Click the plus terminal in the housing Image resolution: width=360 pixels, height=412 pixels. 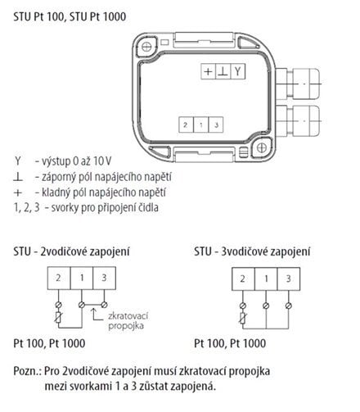[208, 71]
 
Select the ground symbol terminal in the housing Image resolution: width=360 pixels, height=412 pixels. [223, 71]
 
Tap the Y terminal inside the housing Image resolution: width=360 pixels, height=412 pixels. [238, 71]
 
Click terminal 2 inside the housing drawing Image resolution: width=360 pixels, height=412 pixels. [186, 125]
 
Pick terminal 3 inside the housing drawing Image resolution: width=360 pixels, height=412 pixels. [216, 125]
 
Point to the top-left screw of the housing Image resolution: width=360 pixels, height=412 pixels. [146, 47]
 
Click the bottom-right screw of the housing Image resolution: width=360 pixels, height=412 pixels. [262, 148]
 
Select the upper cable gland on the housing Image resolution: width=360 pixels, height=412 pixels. [298, 84]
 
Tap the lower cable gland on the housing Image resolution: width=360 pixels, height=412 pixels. [298, 120]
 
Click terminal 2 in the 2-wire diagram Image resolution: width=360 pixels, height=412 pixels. [59, 278]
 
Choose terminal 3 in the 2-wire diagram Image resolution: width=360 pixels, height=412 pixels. [105, 278]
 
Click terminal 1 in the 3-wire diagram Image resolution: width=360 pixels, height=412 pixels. [266, 278]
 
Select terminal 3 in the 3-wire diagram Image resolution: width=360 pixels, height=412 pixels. [289, 278]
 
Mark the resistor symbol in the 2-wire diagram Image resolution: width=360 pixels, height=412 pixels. [58, 318]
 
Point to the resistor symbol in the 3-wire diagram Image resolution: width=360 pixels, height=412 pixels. [243, 318]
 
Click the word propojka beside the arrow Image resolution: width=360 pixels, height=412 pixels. [126, 326]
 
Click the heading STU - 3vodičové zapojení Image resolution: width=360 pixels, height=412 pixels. [252, 251]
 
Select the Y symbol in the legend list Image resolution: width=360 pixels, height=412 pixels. [18, 161]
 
